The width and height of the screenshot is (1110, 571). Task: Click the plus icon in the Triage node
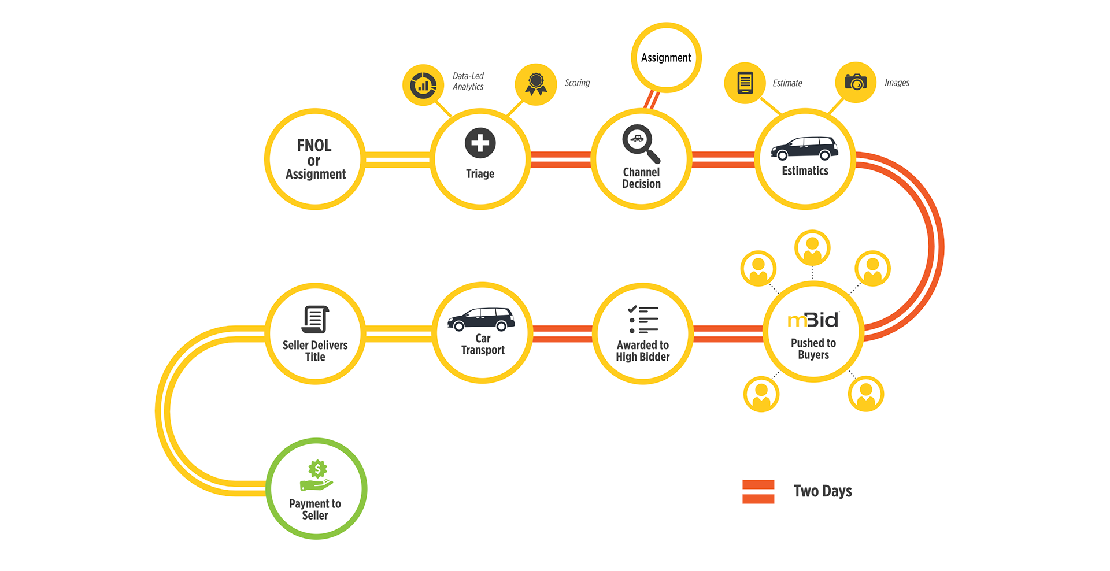(x=480, y=143)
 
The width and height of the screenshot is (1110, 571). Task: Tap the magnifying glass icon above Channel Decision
(x=640, y=142)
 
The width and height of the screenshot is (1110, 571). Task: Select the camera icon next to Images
(x=856, y=82)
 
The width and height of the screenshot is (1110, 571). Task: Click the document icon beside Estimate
(x=745, y=83)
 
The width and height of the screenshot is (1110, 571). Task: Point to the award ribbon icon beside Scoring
(x=536, y=84)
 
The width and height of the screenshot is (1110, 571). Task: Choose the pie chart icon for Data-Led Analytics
(x=423, y=85)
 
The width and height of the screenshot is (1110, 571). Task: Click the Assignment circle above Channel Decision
(x=666, y=58)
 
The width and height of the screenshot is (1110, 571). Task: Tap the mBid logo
(x=813, y=320)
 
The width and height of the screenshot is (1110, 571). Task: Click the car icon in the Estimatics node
(x=804, y=149)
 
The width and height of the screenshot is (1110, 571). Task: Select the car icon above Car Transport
(x=481, y=319)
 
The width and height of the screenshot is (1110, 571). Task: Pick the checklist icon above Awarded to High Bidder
(x=643, y=320)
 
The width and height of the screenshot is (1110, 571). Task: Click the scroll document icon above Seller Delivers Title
(x=315, y=319)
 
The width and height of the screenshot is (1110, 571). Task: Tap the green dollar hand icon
(x=316, y=476)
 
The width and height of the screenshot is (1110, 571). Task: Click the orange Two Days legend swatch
(x=758, y=492)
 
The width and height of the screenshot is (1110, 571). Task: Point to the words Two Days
(x=822, y=491)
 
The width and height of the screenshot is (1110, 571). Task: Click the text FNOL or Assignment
(x=315, y=159)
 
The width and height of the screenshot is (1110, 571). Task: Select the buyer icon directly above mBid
(x=812, y=247)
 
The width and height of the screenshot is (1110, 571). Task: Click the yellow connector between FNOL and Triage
(x=398, y=160)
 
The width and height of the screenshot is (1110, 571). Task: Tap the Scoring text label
(x=577, y=83)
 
